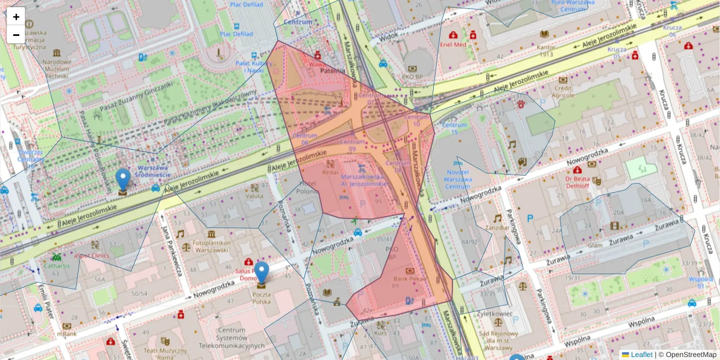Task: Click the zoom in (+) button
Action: (x=16, y=17)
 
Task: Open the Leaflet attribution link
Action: (x=641, y=355)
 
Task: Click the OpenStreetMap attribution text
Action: (x=689, y=355)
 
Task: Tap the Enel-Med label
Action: (x=452, y=44)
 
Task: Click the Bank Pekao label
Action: (x=409, y=279)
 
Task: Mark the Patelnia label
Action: (x=331, y=70)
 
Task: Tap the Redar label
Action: (x=330, y=172)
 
